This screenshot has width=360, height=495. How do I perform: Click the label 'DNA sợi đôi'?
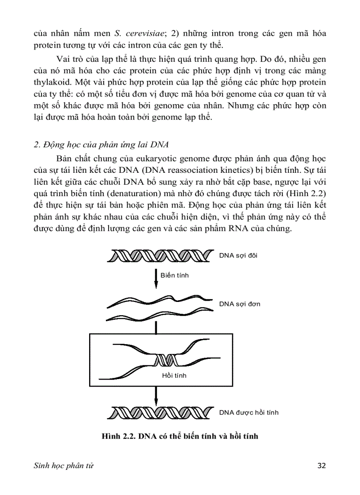click(x=240, y=255)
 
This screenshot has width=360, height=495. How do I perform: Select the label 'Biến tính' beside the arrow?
click(x=174, y=275)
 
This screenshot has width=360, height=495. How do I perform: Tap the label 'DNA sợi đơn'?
click(x=240, y=304)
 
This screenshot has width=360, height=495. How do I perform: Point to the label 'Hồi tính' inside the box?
click(x=174, y=375)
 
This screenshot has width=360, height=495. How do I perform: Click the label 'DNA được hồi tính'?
click(x=249, y=413)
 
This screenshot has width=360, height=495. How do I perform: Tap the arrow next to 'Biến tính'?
click(x=156, y=278)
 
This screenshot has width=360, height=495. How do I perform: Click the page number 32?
click(x=321, y=465)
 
